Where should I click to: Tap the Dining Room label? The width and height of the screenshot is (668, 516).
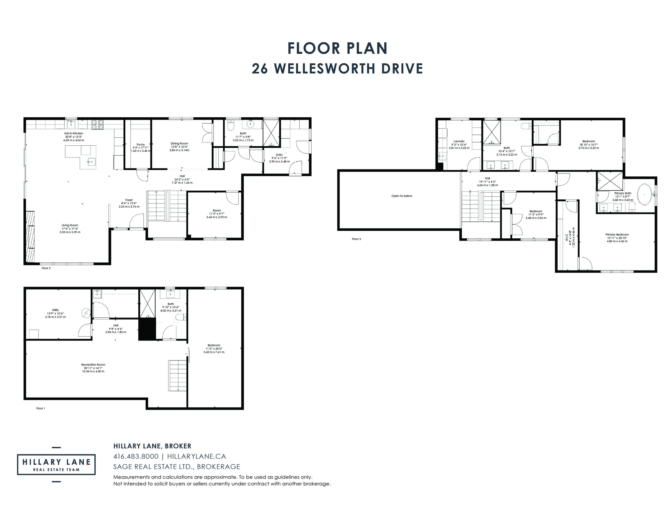pyautogui.click(x=179, y=143)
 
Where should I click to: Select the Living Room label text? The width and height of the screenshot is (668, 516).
pyautogui.click(x=70, y=225)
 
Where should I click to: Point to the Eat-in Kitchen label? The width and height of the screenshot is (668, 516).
pyautogui.click(x=74, y=133)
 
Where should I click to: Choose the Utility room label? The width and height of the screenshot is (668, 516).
pyautogui.click(x=55, y=310)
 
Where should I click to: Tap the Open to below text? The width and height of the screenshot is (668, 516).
pyautogui.click(x=402, y=196)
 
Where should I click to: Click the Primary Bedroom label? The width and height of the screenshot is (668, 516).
pyautogui.click(x=617, y=235)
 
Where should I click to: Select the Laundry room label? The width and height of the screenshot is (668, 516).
pyautogui.click(x=459, y=141)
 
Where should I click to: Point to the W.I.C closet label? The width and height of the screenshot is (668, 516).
pyautogui.click(x=566, y=237)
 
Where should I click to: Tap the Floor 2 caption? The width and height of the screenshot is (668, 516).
pyautogui.click(x=46, y=268)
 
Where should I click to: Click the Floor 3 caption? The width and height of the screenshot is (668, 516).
pyautogui.click(x=356, y=239)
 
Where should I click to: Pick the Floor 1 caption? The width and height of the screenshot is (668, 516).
pyautogui.click(x=41, y=408)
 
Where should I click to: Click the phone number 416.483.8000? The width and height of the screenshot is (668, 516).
pyautogui.click(x=136, y=456)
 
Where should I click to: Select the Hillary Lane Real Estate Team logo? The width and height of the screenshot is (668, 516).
pyautogui.click(x=56, y=465)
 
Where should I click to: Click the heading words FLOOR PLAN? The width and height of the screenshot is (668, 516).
pyautogui.click(x=338, y=48)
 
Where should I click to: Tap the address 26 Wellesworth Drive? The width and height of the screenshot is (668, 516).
pyautogui.click(x=337, y=69)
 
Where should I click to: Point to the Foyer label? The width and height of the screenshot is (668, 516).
pyautogui.click(x=129, y=200)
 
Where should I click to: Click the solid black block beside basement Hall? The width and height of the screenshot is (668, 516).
pyautogui.click(x=147, y=329)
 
